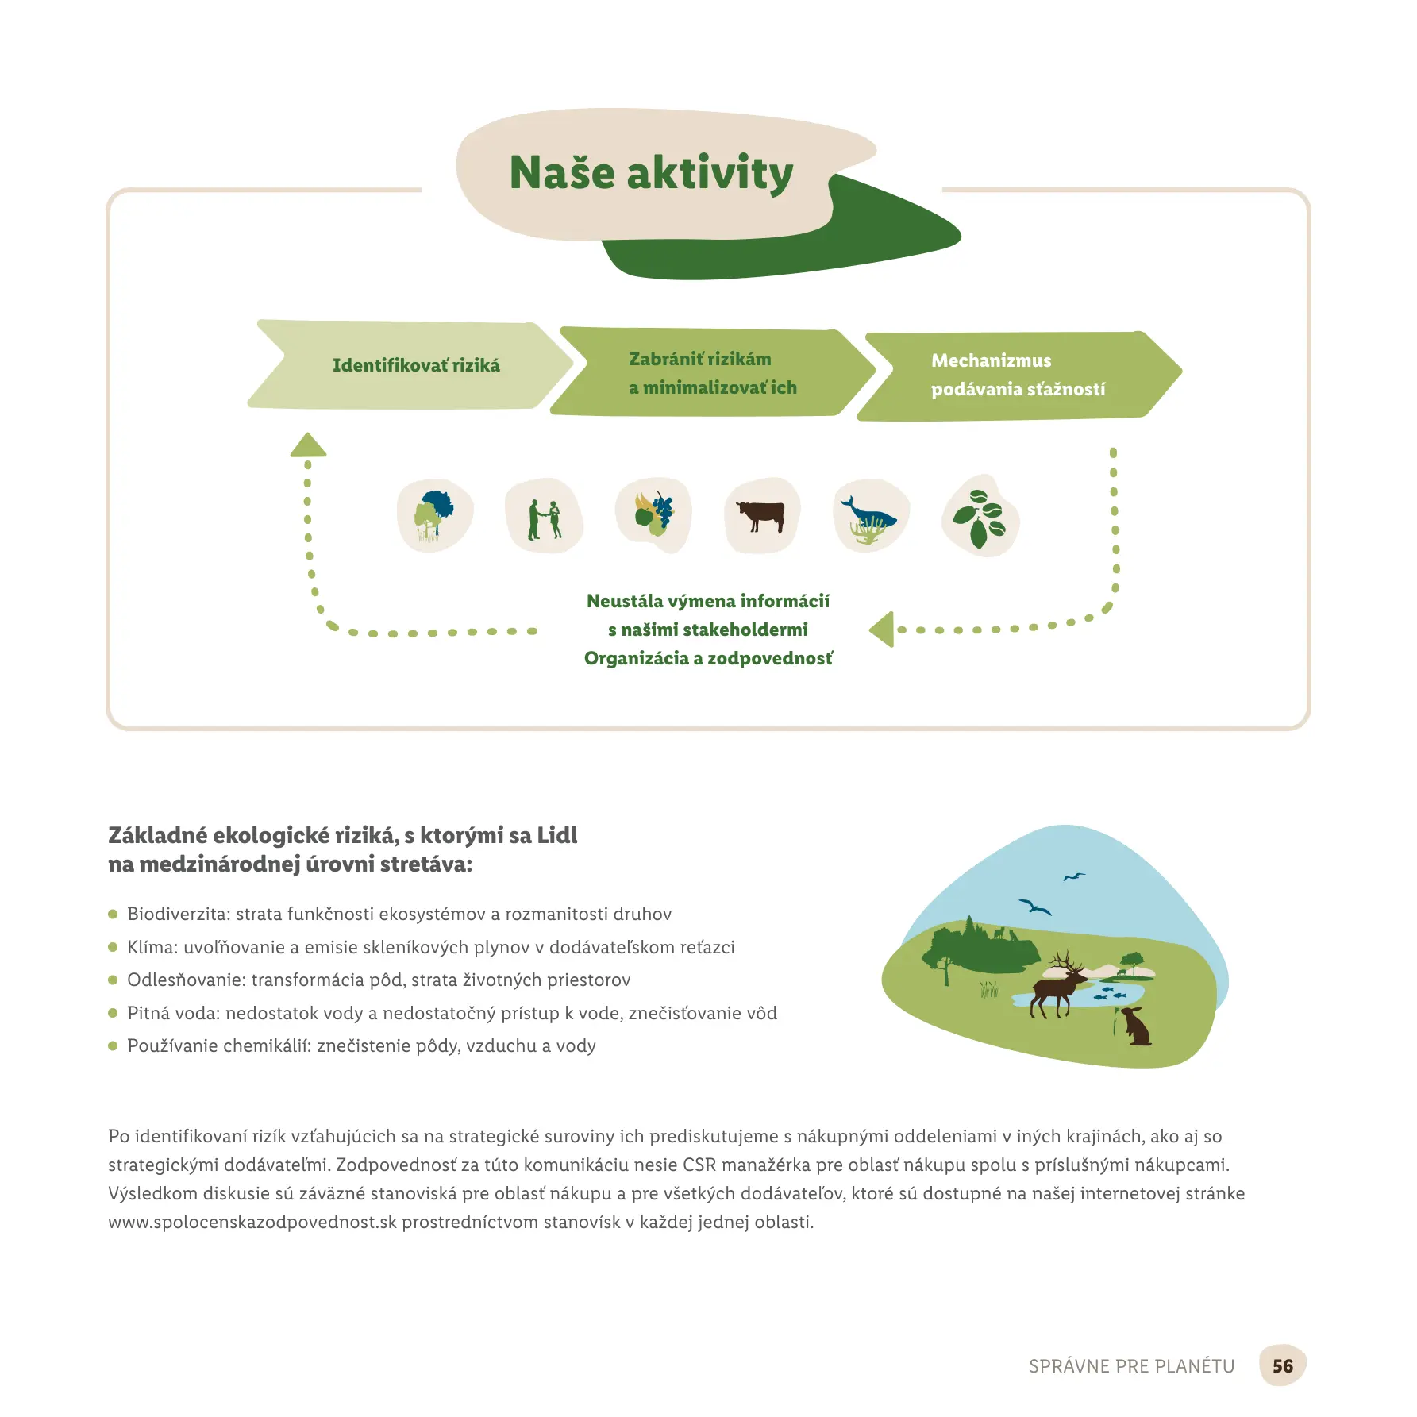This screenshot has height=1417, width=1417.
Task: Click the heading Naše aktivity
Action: pyautogui.click(x=651, y=173)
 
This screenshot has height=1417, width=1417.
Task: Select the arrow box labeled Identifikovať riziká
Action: pyautogui.click(x=415, y=365)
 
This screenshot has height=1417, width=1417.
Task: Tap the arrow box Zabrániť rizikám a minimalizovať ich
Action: pyautogui.click(x=712, y=373)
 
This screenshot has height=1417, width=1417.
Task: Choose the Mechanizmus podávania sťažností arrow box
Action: pyautogui.click(x=1018, y=375)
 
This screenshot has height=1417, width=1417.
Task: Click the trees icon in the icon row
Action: pyautogui.click(x=434, y=516)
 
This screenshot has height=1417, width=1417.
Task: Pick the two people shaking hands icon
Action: pyautogui.click(x=544, y=517)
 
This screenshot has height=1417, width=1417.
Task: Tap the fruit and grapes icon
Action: pyautogui.click(x=653, y=514)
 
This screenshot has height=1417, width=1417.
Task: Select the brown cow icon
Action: pyautogui.click(x=761, y=516)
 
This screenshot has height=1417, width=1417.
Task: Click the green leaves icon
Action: pyautogui.click(x=980, y=518)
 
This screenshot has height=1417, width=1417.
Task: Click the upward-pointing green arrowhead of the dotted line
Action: pyautogui.click(x=308, y=445)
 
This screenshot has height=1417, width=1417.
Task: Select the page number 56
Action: pyautogui.click(x=1282, y=1365)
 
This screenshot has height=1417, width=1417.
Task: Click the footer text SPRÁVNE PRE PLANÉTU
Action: pyautogui.click(x=1131, y=1366)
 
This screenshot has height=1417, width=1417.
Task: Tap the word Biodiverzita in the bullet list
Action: pyautogui.click(x=178, y=914)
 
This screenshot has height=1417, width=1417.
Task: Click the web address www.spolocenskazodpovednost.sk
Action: pyautogui.click(x=252, y=1222)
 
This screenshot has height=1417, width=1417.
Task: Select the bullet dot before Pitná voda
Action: pyautogui.click(x=113, y=1013)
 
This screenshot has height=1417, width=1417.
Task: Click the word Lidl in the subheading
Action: pyautogui.click(x=557, y=835)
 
